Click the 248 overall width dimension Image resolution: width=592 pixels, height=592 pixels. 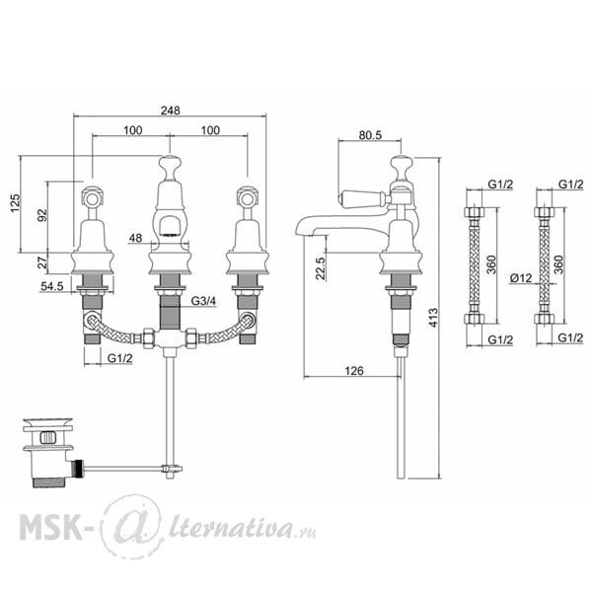pyautogui.click(x=171, y=111)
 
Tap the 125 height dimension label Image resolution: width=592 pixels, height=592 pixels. pyautogui.click(x=15, y=203)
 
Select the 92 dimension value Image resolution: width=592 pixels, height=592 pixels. pyautogui.click(x=42, y=215)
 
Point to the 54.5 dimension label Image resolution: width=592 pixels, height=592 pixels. pyautogui.click(x=52, y=286)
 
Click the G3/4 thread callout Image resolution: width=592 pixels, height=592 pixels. pyautogui.click(x=203, y=301)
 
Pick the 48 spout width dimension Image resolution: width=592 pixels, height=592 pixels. pyautogui.click(x=135, y=238)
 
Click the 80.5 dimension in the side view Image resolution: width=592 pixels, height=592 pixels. pyautogui.click(x=370, y=135)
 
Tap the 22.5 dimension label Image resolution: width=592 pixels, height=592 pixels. pyautogui.click(x=320, y=268)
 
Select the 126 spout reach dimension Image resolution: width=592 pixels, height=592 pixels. pyautogui.click(x=354, y=371)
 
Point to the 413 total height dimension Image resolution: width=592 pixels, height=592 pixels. pyautogui.click(x=433, y=318)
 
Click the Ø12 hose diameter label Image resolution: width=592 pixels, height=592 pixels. pyautogui.click(x=521, y=278)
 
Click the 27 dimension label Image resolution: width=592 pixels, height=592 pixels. pyautogui.click(x=42, y=262)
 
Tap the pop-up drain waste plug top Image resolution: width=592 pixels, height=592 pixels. pyautogui.click(x=48, y=422)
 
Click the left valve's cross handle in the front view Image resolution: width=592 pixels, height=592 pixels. pyautogui.click(x=93, y=197)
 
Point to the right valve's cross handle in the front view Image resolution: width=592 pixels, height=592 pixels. pyautogui.click(x=248, y=197)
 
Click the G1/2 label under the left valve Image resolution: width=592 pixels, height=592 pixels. pyautogui.click(x=120, y=358)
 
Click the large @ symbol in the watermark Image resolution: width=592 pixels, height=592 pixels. pyautogui.click(x=132, y=527)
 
